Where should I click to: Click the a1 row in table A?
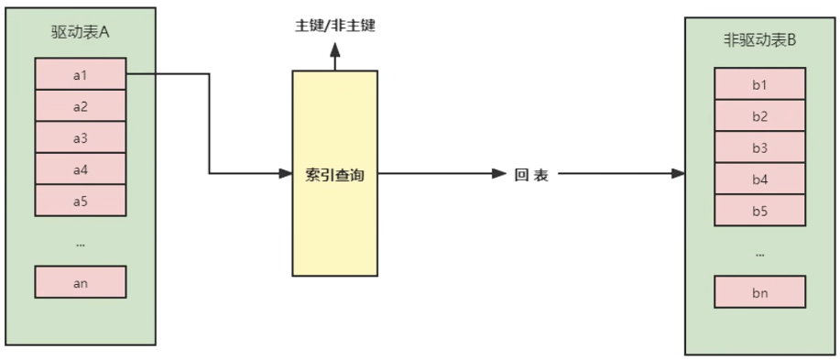(x=80, y=75)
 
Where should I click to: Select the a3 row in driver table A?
(x=80, y=138)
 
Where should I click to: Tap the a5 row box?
(x=80, y=201)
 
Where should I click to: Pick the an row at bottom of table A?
(x=80, y=282)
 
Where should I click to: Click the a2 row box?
(x=80, y=106)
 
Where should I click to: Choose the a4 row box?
(x=80, y=169)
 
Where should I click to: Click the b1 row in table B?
(x=759, y=85)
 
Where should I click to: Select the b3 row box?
(x=759, y=147)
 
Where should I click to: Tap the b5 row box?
(x=759, y=210)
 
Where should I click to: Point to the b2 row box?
(x=759, y=116)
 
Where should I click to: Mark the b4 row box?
(x=759, y=179)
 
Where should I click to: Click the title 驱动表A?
(x=80, y=31)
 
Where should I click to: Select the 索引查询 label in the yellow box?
(x=334, y=174)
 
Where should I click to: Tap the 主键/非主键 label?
(x=334, y=26)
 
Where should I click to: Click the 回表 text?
(x=531, y=174)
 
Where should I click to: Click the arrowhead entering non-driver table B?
(x=678, y=173)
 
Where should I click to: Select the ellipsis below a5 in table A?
(x=80, y=244)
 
